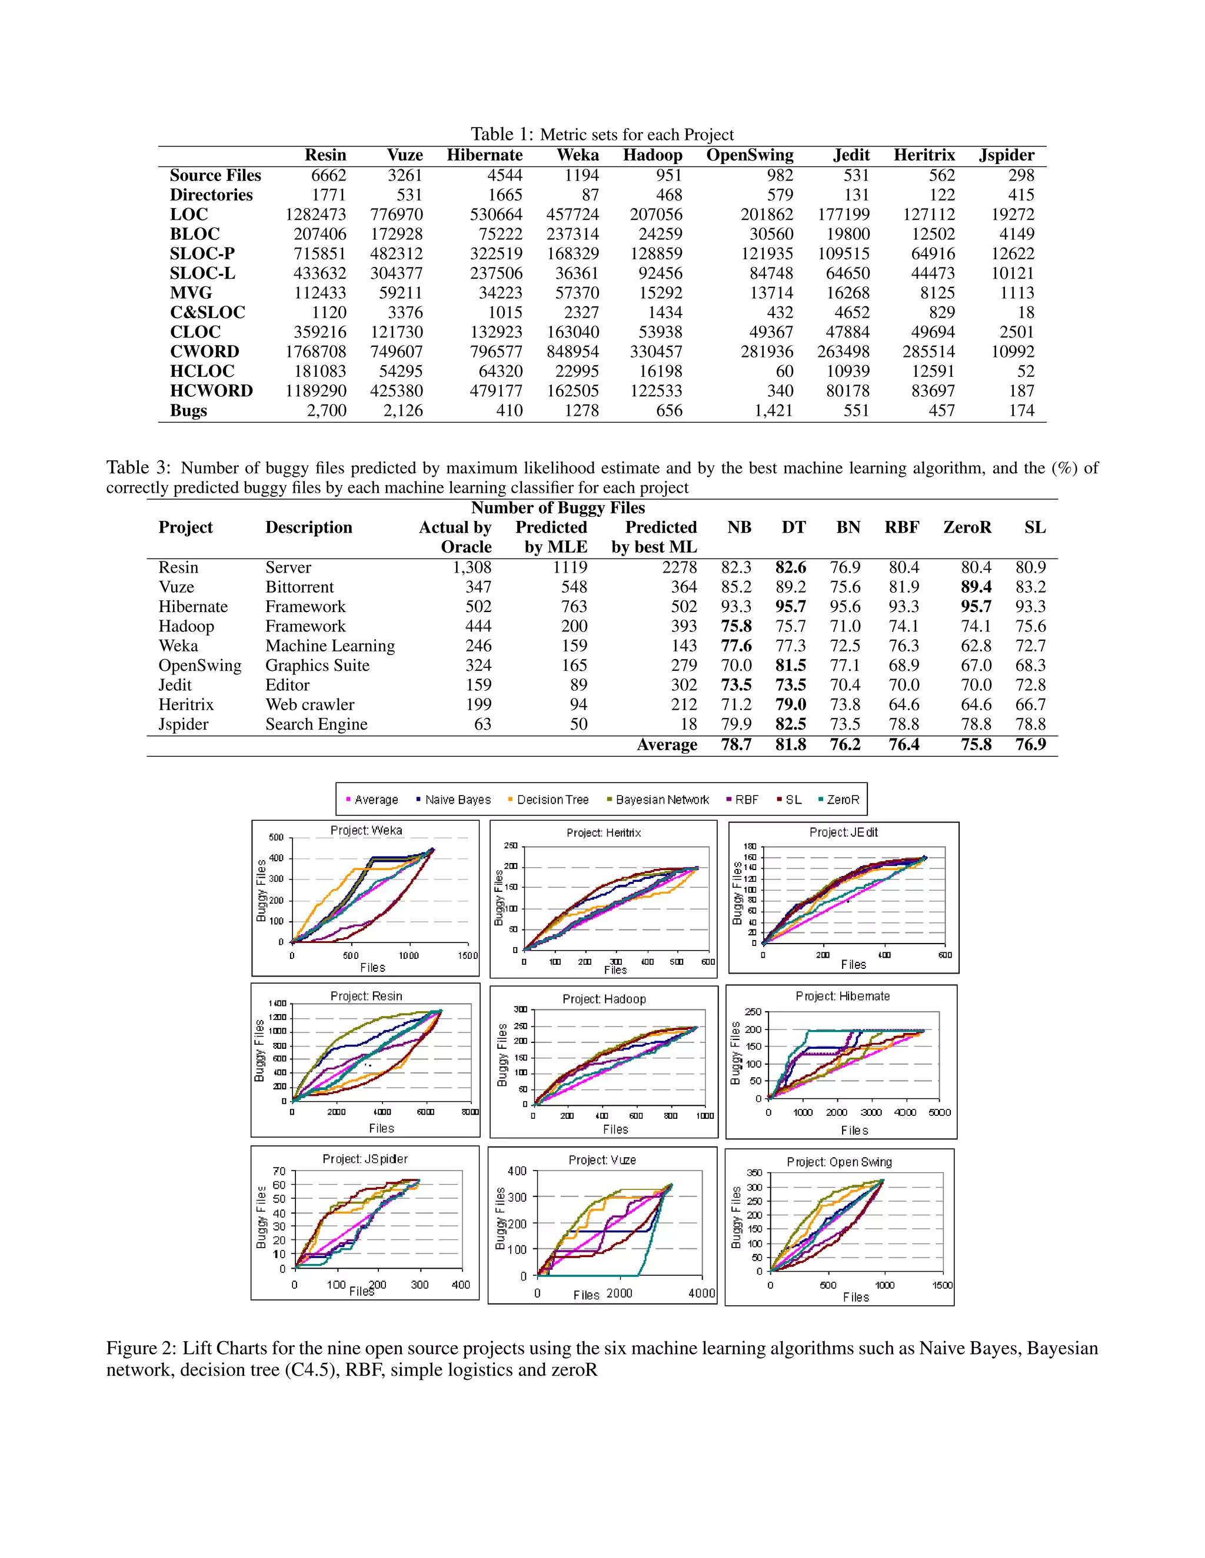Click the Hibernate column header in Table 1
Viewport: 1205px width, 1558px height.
[484, 156]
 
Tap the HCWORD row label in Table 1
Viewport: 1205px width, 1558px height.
[211, 391]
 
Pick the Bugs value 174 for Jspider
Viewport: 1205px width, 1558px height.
[1021, 411]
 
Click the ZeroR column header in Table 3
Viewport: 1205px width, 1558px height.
[967, 528]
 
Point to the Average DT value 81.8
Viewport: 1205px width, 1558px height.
[790, 745]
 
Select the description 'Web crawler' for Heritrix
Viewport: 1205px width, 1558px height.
[310, 705]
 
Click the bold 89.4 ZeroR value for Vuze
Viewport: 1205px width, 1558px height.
[976, 587]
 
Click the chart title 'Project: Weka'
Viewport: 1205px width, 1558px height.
[366, 830]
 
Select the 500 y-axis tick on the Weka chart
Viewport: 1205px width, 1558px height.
[277, 837]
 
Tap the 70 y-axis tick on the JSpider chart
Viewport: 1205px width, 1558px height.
[278, 1171]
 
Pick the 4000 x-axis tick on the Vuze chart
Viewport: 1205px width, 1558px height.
[702, 1293]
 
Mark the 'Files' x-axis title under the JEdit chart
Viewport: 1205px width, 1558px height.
[853, 964]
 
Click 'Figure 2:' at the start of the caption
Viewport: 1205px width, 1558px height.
[141, 1348]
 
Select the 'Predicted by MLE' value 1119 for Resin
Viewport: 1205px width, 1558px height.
[570, 568]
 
